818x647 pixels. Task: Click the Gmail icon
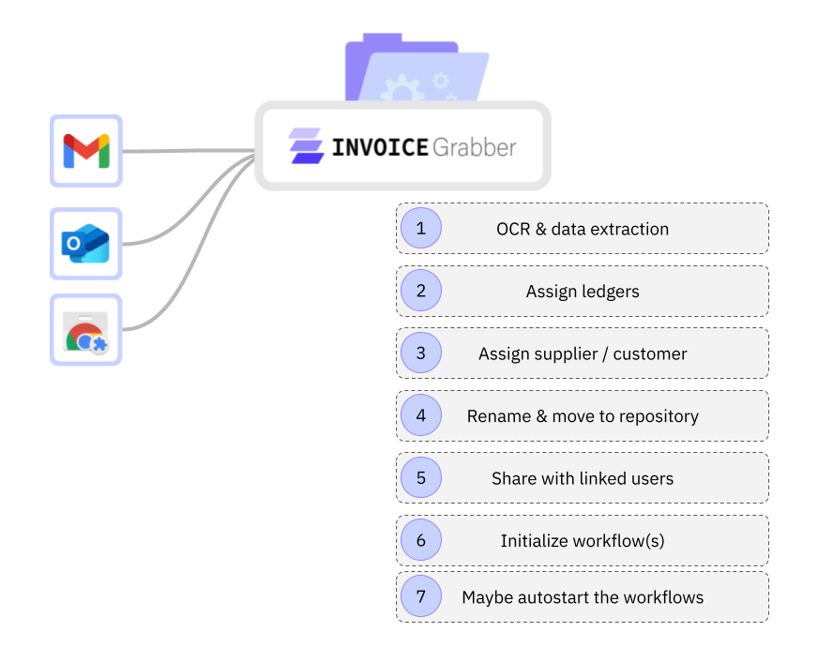(86, 150)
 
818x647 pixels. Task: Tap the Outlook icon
(86, 244)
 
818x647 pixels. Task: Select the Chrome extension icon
(86, 330)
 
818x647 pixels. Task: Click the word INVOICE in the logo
(379, 147)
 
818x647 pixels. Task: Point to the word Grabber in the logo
(474, 147)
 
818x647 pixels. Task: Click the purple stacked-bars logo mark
(306, 146)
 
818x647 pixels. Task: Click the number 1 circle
(421, 228)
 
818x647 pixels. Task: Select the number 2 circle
(421, 291)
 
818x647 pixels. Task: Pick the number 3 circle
(421, 354)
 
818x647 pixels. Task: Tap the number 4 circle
(421, 415)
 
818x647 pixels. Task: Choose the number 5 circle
(421, 478)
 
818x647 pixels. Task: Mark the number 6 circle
(421, 540)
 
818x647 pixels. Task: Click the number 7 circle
(421, 596)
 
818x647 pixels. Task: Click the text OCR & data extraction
(583, 229)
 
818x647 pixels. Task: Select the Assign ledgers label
(583, 292)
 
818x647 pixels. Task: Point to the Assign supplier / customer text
(583, 354)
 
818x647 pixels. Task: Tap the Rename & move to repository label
(583, 416)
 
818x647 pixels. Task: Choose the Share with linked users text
(583, 478)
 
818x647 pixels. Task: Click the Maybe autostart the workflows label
(583, 597)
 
